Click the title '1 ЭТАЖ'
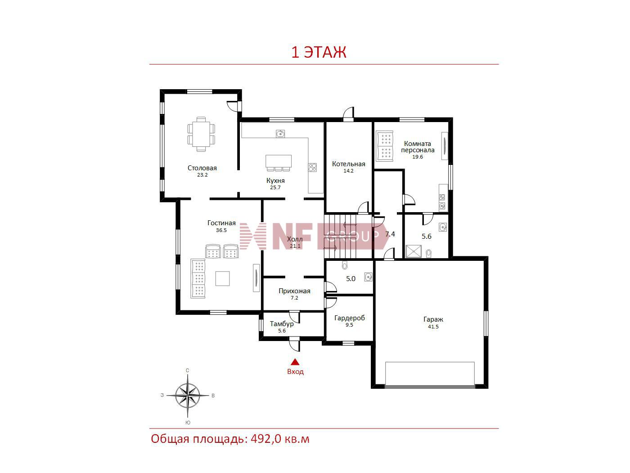(x=319, y=52)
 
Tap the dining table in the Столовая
(x=201, y=133)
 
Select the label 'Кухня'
(x=275, y=181)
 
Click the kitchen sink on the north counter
(x=280, y=133)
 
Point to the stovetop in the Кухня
(x=312, y=168)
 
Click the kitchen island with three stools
(x=279, y=163)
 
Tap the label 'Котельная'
(x=348, y=164)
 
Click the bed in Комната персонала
(x=384, y=146)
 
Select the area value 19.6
(x=417, y=157)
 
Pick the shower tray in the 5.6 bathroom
(x=413, y=251)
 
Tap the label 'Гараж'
(x=433, y=319)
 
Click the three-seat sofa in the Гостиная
(x=198, y=278)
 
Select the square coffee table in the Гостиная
(x=222, y=278)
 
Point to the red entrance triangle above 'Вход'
(x=295, y=362)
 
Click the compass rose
(x=188, y=396)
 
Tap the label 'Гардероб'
(x=349, y=318)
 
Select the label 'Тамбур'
(x=282, y=324)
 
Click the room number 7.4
(x=390, y=234)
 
